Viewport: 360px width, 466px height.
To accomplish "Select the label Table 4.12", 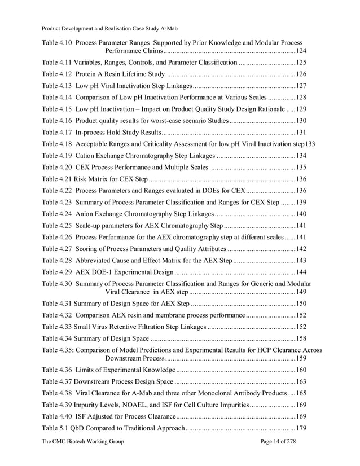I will [57, 74].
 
